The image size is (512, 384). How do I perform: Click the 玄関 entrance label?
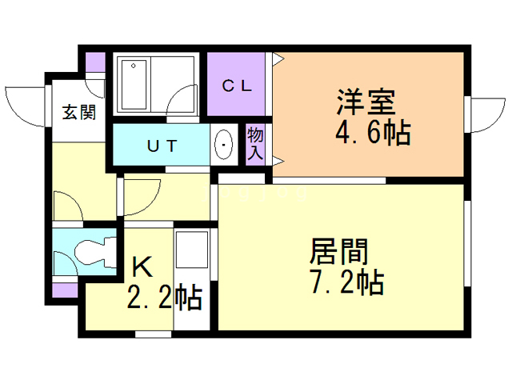click(79, 112)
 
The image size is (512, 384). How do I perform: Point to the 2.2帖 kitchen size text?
click(163, 298)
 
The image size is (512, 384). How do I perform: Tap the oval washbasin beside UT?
click(224, 146)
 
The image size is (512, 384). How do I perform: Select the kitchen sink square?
click(192, 249)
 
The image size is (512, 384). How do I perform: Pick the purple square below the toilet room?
click(66, 289)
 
